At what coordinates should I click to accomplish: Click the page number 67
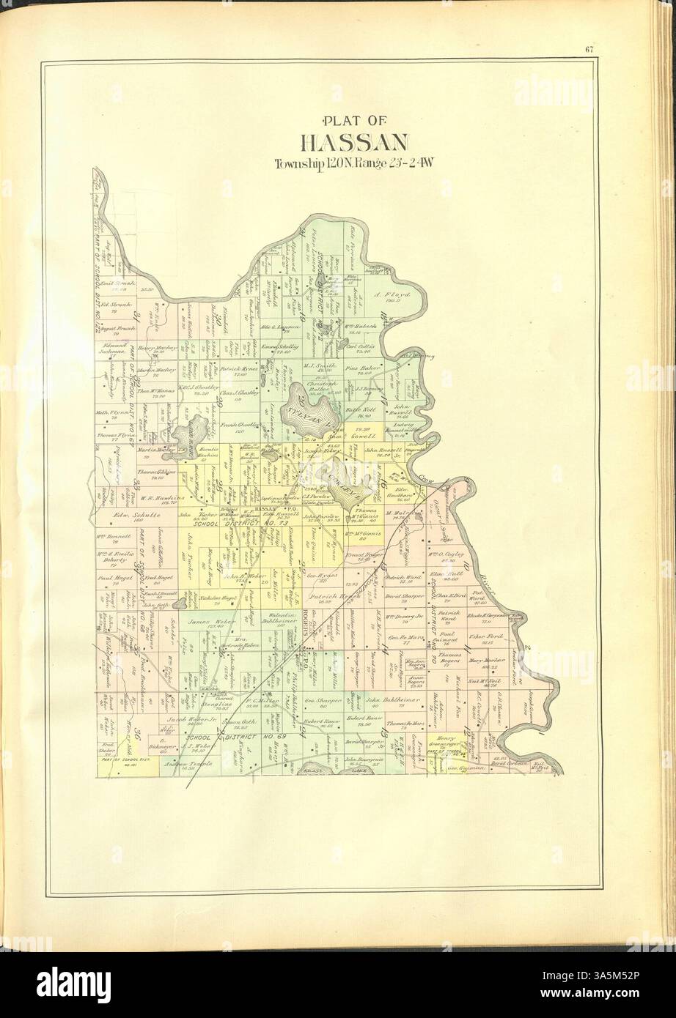[x=589, y=50]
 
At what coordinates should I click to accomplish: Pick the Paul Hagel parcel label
[x=108, y=577]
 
